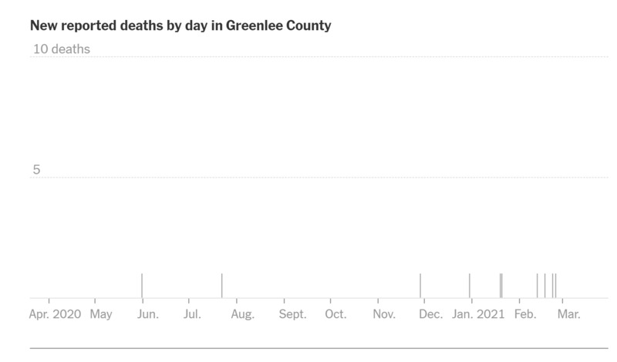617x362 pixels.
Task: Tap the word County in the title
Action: (x=307, y=25)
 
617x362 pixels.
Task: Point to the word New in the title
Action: (x=43, y=25)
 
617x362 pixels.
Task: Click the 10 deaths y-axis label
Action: (x=62, y=49)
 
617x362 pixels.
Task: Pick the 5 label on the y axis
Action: (x=36, y=170)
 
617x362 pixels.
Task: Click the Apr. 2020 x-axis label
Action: (x=55, y=314)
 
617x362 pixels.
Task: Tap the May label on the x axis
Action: (x=101, y=314)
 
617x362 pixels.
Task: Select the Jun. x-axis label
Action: (x=147, y=314)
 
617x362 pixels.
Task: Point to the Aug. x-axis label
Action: (x=242, y=314)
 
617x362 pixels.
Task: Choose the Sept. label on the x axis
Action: (x=292, y=314)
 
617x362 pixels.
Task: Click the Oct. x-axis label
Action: (x=335, y=314)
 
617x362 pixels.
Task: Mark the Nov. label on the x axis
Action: (x=384, y=314)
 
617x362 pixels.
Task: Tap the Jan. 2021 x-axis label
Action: (x=478, y=314)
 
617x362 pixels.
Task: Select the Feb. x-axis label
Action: (x=525, y=314)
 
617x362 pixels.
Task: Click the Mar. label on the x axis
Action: (x=569, y=314)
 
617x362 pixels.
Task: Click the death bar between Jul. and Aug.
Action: (x=221, y=286)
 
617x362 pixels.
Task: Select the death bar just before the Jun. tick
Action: (x=142, y=286)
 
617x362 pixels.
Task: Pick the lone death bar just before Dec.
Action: (x=420, y=286)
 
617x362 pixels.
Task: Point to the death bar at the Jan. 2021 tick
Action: (x=470, y=286)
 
